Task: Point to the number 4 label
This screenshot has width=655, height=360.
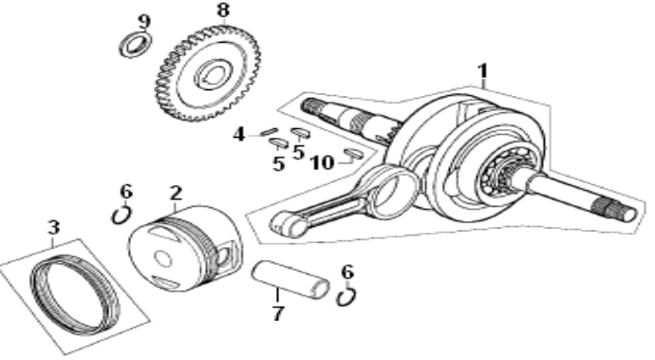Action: [x=240, y=135]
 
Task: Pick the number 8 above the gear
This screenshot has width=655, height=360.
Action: [x=222, y=10]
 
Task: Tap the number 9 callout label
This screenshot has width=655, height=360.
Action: [x=143, y=21]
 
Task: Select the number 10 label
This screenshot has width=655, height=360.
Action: [x=322, y=162]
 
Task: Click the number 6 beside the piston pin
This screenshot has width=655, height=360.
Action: [x=347, y=273]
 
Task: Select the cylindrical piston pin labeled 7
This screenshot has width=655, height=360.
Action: [x=290, y=279]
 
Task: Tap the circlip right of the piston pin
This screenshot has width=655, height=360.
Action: [x=347, y=297]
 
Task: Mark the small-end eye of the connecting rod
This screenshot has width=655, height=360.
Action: [x=286, y=223]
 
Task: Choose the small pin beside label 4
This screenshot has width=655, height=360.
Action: [x=268, y=132]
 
